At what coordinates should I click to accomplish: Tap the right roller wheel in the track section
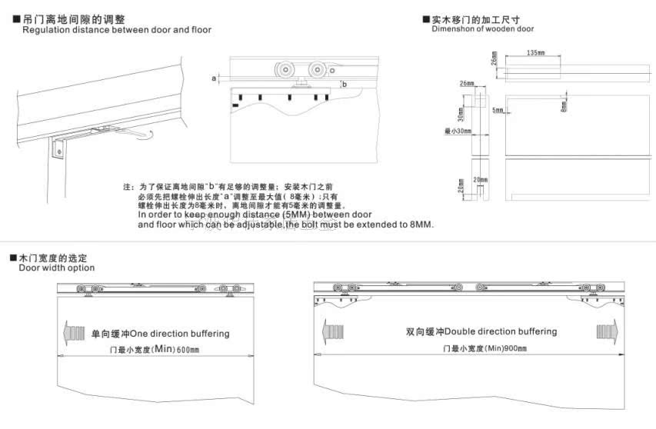coord(315,70)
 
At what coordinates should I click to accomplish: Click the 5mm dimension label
coord(498,111)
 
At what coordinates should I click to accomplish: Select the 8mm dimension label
coord(564,105)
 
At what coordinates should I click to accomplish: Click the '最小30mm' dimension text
coord(458,131)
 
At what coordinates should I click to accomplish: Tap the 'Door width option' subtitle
coord(57,268)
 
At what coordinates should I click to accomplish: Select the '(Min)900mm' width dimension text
coord(504,348)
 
